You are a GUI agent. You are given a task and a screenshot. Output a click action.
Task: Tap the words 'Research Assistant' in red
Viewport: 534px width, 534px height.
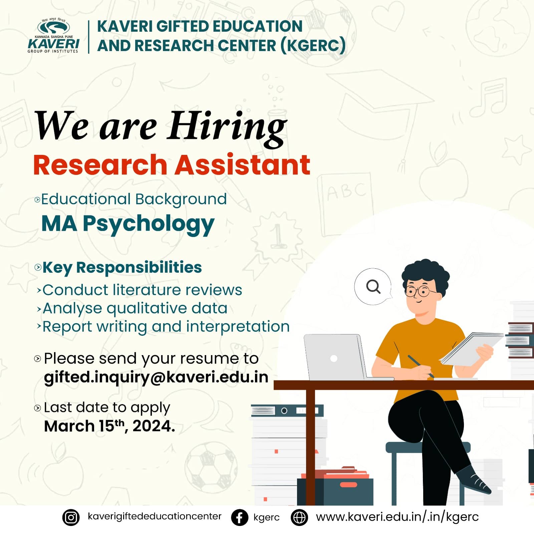172,165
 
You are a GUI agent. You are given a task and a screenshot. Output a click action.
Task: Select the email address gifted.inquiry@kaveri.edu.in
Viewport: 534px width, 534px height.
156,377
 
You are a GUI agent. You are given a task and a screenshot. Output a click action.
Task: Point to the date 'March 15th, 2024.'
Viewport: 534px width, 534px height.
109,426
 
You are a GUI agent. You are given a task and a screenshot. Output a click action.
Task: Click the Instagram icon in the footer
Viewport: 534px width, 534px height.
71,518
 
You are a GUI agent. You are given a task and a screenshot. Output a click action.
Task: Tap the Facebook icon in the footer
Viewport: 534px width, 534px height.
240,518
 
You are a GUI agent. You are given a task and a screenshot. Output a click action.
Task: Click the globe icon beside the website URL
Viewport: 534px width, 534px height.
299,518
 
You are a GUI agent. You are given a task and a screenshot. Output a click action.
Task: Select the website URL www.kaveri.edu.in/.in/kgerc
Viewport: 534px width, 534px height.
397,517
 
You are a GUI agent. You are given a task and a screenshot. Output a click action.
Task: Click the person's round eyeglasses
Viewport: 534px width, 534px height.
419,291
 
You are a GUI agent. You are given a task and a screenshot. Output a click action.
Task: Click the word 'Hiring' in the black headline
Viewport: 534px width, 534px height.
227,127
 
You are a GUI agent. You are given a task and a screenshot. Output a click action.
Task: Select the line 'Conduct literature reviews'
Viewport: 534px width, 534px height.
142,290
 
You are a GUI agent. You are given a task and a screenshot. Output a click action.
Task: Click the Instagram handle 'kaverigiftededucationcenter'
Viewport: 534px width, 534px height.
155,516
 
